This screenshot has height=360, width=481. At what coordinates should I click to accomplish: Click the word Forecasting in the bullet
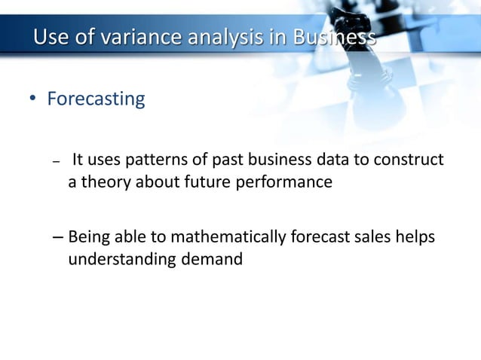(x=96, y=99)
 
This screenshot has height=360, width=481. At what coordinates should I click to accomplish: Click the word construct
(x=410, y=160)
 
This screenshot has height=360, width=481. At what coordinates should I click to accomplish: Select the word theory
(x=104, y=182)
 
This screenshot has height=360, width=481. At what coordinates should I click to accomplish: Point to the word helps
(x=417, y=239)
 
